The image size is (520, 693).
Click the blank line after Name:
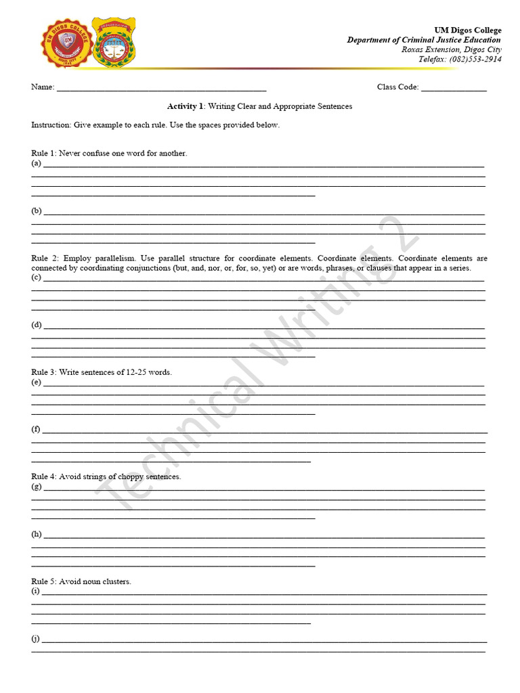pos(161,87)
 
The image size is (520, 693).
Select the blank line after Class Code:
pos(454,87)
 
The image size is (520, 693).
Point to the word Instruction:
pos(51,125)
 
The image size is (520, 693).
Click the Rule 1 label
pos(43,153)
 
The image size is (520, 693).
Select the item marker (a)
pos(37,163)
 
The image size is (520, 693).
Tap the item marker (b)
pos(37,210)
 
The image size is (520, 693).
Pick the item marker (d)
pos(37,325)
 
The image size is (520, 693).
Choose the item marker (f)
pos(36,429)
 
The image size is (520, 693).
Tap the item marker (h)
pos(37,534)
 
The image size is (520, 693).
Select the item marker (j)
pos(36,638)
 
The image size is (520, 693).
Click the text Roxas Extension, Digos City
pos(460,49)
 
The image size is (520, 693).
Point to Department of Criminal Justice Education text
pos(424,40)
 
